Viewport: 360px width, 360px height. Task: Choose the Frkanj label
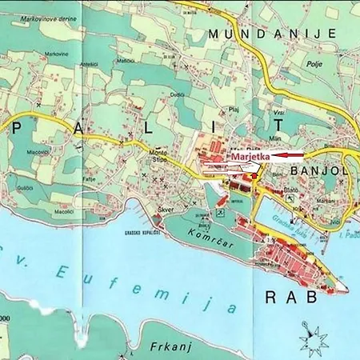coord(168,346)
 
